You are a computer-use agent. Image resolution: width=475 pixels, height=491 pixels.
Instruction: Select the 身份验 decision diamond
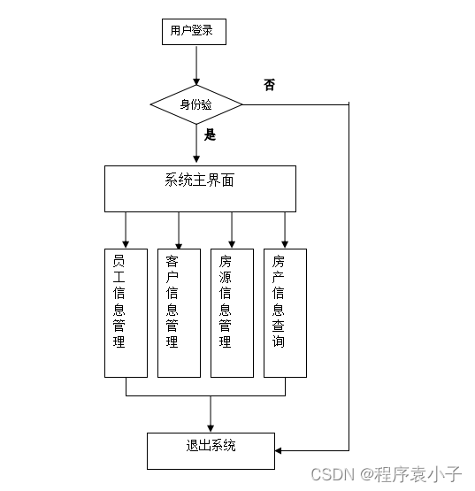(x=196, y=104)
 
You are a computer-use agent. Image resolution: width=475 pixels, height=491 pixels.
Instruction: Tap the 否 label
(x=269, y=85)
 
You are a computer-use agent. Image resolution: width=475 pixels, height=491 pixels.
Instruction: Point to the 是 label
(x=211, y=135)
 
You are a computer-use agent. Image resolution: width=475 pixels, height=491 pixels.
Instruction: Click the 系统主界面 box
(x=200, y=188)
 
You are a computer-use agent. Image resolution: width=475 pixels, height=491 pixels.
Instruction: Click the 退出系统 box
(x=211, y=450)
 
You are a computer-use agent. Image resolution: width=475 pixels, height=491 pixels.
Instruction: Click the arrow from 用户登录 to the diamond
(x=196, y=65)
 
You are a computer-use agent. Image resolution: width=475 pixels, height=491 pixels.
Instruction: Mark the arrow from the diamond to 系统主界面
(x=196, y=144)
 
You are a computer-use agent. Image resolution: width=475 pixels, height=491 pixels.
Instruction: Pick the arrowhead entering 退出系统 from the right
(x=280, y=450)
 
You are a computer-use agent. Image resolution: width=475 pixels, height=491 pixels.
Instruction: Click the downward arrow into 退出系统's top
(x=211, y=416)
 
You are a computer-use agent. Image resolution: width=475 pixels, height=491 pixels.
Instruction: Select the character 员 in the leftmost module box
(x=119, y=262)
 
